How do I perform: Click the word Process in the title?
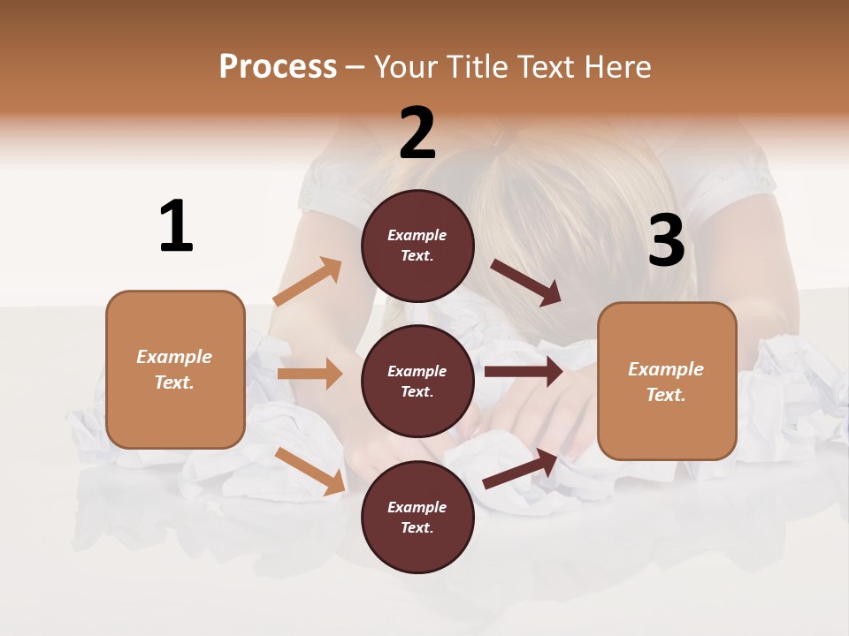[x=278, y=67]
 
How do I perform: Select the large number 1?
[x=176, y=227]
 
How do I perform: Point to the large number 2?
[x=417, y=133]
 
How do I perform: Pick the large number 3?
[x=667, y=241]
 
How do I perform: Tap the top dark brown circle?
[x=417, y=246]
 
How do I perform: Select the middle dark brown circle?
[x=417, y=381]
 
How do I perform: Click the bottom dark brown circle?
[x=417, y=517]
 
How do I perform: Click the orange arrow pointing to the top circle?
[x=308, y=282]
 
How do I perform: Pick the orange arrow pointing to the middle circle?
[x=310, y=374]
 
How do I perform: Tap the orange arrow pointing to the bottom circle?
[x=310, y=471]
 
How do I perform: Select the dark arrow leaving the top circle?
[x=526, y=282]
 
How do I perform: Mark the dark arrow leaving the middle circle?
[x=523, y=372]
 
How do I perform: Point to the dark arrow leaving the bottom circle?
[x=521, y=469]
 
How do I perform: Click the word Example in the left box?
[x=174, y=357]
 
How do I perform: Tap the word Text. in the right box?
[x=666, y=395]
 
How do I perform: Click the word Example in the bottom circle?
[x=417, y=507]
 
